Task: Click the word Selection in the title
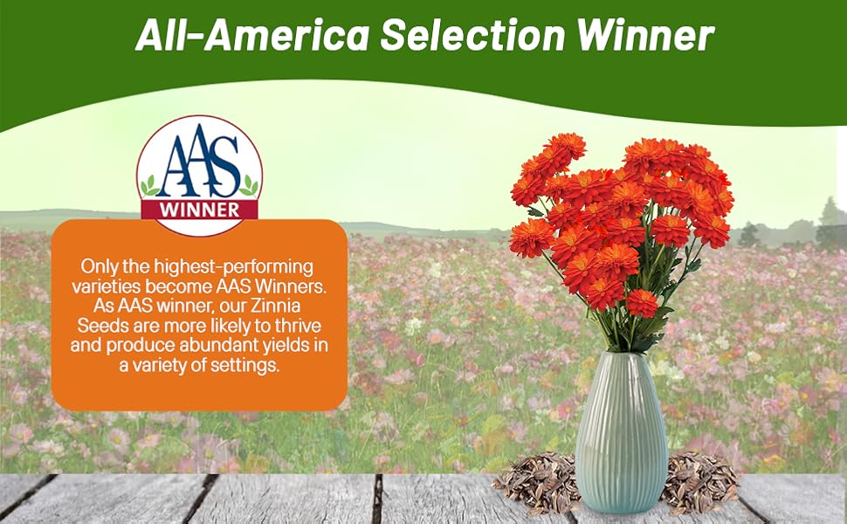point(472,35)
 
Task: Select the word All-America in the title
point(251,35)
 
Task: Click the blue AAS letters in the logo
point(200,162)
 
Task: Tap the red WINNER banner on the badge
point(199,209)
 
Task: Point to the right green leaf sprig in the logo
point(249,185)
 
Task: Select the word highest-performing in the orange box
point(233,267)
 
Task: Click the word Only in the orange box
point(100,267)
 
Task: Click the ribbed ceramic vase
point(621,432)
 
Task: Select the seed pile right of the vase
point(699,482)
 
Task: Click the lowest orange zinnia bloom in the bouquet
point(642,303)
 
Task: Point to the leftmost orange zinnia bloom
point(531,238)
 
